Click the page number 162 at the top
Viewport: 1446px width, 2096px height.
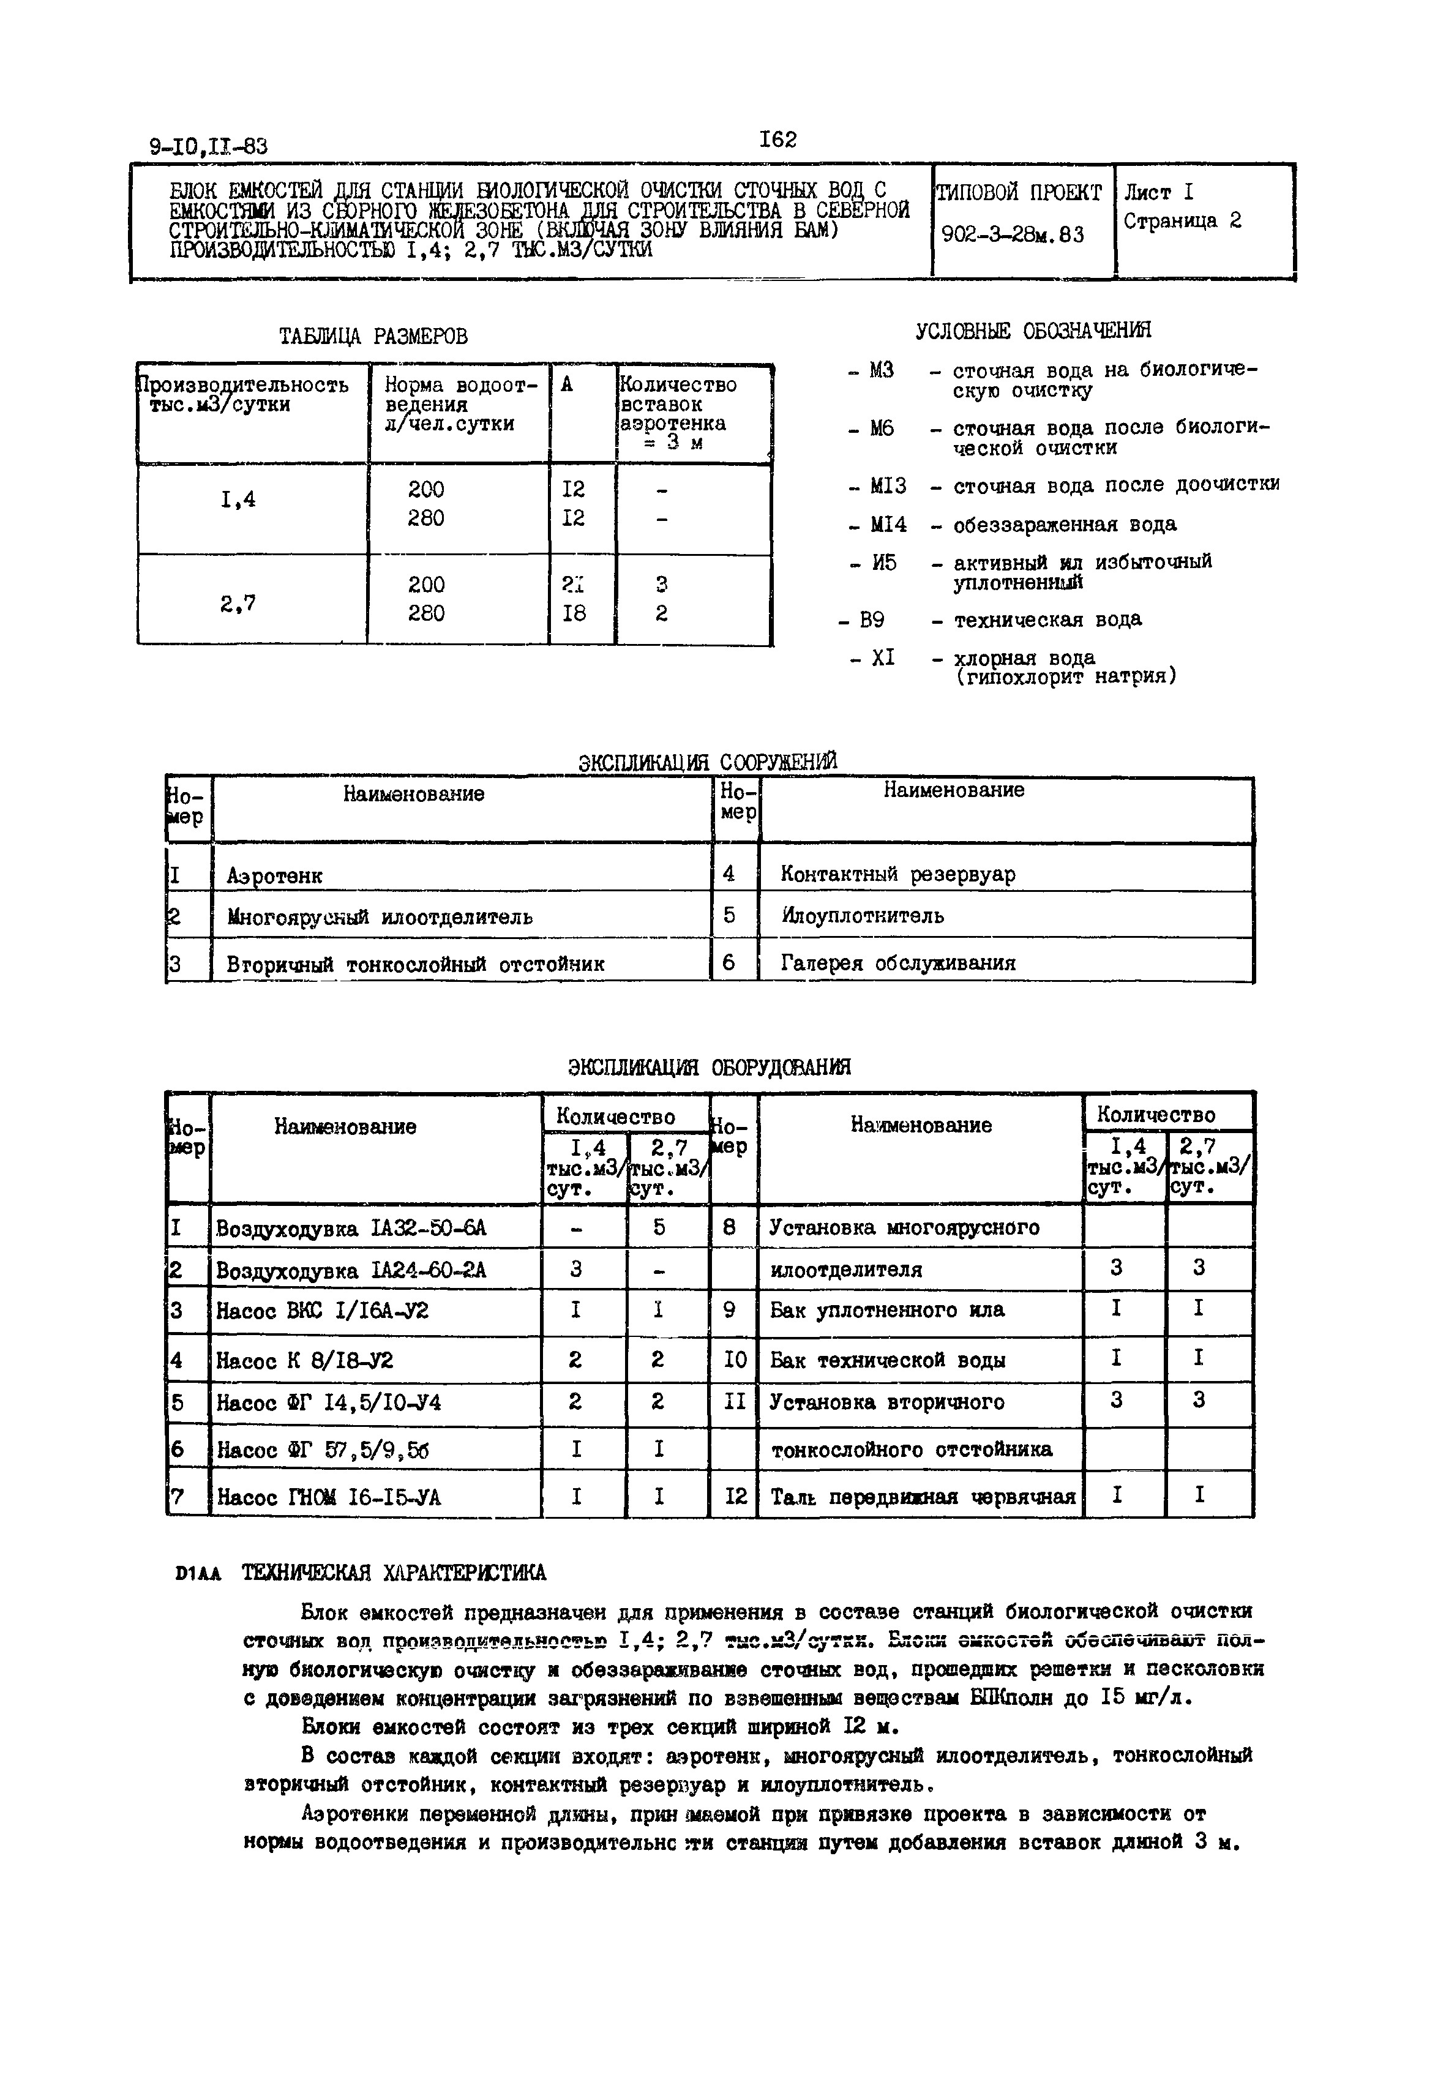point(777,140)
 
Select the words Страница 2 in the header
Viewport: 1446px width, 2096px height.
point(1182,221)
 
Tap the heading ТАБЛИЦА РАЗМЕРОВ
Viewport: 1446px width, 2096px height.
point(374,337)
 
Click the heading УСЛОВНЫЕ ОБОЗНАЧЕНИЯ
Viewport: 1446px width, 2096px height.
point(1034,331)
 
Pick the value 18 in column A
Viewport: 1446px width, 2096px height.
point(574,613)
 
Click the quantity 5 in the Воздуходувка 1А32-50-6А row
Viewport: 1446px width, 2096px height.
point(659,1227)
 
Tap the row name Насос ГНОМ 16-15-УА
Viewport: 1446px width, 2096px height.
point(328,1497)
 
